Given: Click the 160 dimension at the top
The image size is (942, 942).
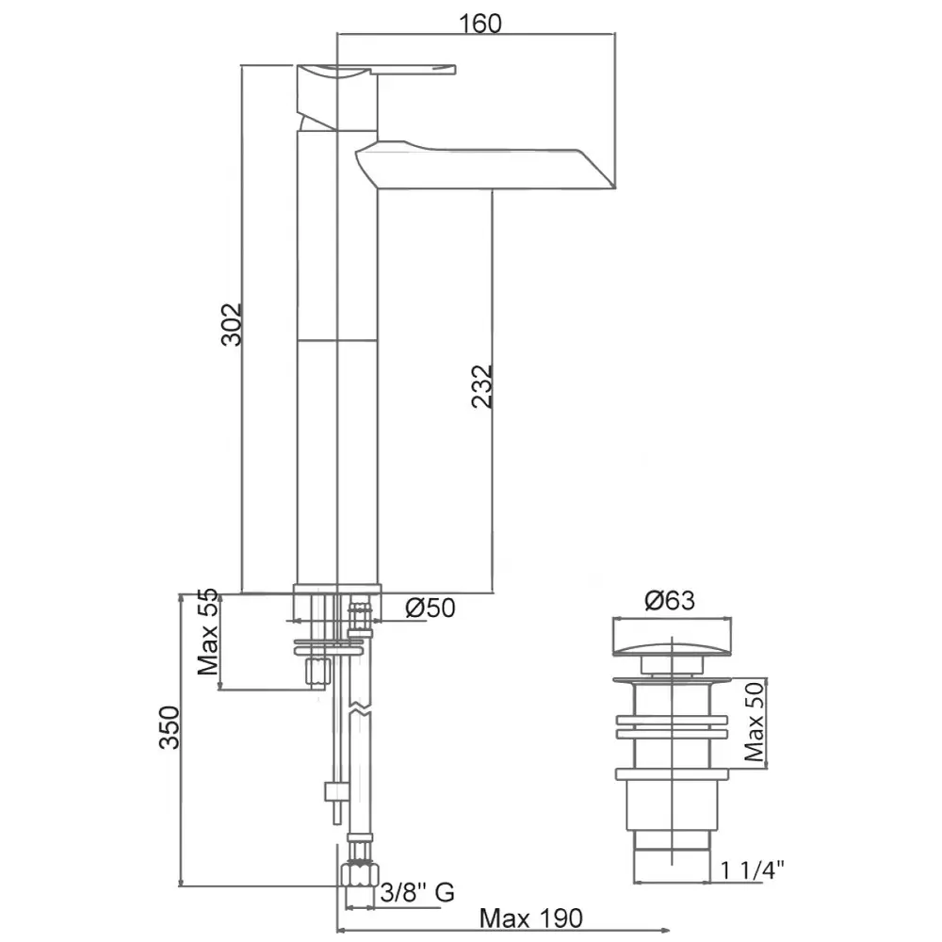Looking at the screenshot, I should click(480, 23).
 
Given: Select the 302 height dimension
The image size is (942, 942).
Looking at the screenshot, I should click(232, 323).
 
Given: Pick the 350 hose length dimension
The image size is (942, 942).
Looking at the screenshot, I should click(169, 726).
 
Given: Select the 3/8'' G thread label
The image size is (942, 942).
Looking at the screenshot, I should click(418, 891).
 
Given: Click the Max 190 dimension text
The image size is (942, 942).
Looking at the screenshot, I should click(531, 918).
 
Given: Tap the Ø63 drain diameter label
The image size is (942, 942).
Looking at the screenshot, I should click(670, 600).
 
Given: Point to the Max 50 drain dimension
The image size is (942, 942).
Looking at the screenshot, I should click(754, 723).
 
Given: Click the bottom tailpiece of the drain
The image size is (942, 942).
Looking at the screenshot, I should click(671, 862).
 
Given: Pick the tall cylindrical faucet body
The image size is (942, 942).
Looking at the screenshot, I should click(337, 377).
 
